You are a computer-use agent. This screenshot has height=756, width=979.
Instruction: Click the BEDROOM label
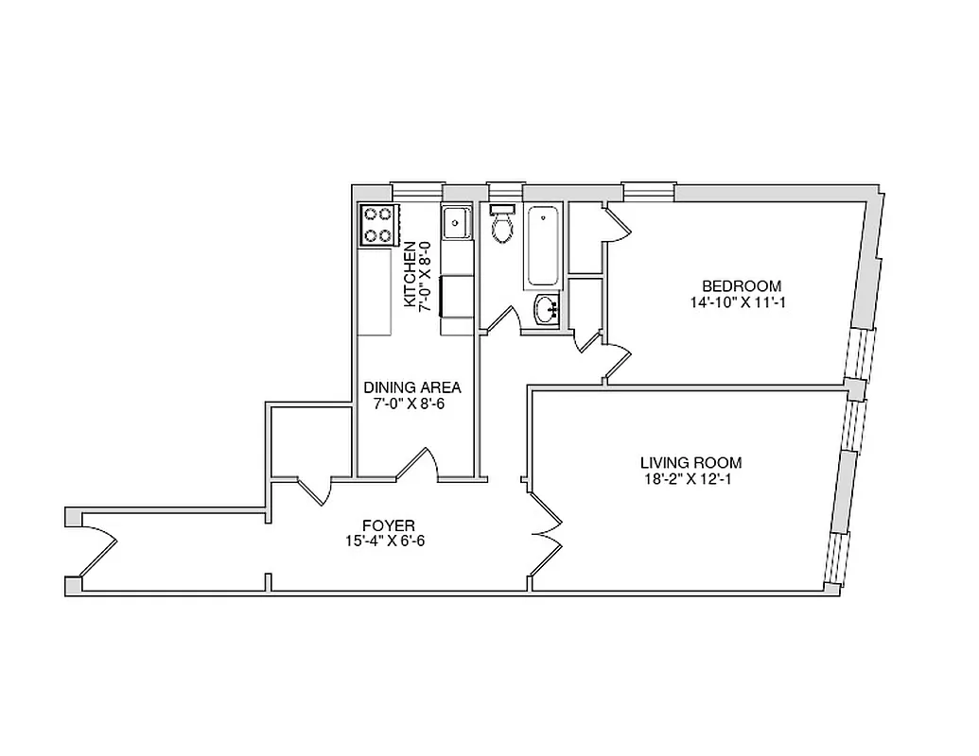click(x=741, y=286)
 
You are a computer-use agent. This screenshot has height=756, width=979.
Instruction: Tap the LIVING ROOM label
click(x=691, y=463)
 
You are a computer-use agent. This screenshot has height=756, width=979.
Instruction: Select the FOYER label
click(x=389, y=525)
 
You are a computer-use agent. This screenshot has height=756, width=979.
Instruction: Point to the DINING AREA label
click(x=412, y=387)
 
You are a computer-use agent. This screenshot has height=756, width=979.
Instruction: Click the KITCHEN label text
click(x=410, y=274)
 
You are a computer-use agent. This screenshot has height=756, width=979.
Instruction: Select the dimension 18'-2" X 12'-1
click(x=691, y=479)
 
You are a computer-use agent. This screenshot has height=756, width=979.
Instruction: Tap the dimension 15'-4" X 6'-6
click(x=389, y=541)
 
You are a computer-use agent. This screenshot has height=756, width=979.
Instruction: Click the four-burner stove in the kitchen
click(x=377, y=226)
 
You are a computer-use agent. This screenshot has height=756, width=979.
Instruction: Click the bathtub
click(x=544, y=246)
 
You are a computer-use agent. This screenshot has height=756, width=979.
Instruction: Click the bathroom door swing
click(x=502, y=318)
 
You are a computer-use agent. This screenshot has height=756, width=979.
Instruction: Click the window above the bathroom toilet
click(x=506, y=189)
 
